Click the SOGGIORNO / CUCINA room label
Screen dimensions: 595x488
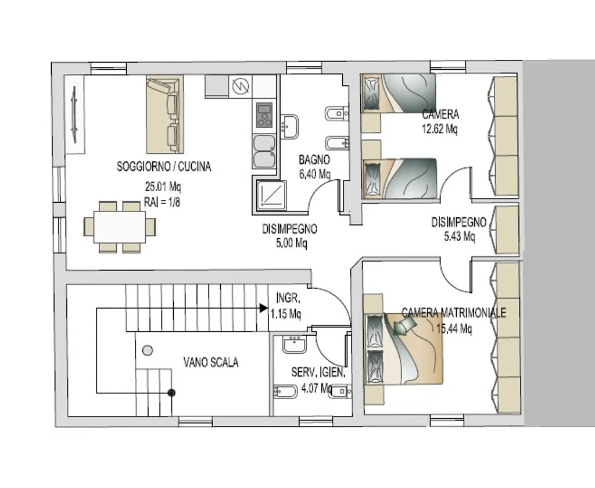tap(163, 167)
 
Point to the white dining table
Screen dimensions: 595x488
tap(120, 227)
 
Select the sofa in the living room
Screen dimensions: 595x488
tap(164, 114)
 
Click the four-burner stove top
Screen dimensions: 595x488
tap(264, 114)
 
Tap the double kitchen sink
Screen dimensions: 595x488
tap(264, 152)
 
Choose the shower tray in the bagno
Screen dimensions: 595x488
tap(271, 195)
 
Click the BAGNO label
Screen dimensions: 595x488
tap(314, 159)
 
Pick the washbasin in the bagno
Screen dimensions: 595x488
tap(289, 127)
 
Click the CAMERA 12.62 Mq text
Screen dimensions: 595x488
tap(440, 121)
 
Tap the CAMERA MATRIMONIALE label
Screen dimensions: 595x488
tap(454, 313)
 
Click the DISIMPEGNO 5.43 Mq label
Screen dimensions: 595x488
tap(459, 229)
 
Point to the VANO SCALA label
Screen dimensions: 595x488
tap(211, 363)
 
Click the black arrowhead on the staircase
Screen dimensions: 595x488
tap(264, 308)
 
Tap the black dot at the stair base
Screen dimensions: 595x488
tap(171, 393)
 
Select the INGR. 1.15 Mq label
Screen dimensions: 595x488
tap(286, 306)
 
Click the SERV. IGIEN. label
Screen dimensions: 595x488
tap(318, 372)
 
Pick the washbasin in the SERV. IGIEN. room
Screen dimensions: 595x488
tap(294, 344)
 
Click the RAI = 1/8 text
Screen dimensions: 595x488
tap(162, 202)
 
